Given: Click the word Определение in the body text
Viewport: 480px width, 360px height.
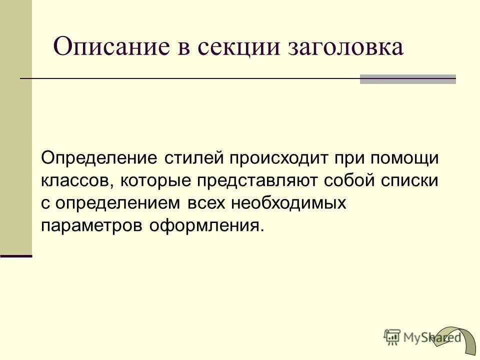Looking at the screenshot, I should [99, 158].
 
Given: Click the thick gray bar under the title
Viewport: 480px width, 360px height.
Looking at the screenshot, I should [408, 79].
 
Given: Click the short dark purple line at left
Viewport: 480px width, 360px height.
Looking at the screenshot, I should [16, 255].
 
